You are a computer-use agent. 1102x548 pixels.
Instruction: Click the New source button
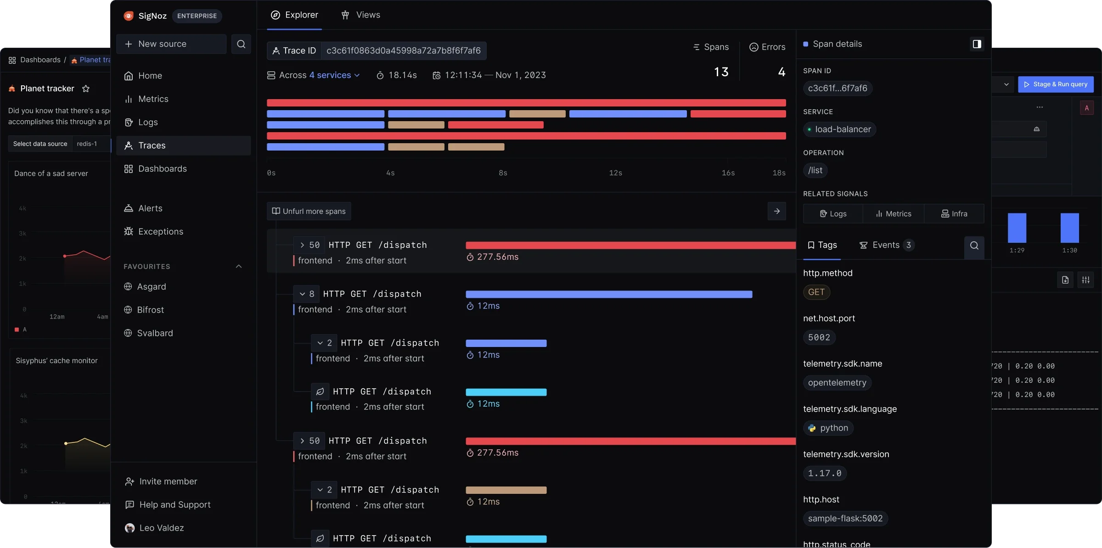coord(171,44)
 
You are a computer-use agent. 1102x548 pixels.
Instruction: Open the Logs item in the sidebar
coord(148,122)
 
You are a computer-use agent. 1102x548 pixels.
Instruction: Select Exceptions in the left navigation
coord(160,232)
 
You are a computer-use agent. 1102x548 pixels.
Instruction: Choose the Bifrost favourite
coord(150,310)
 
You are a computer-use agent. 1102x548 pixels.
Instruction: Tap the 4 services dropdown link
coord(334,75)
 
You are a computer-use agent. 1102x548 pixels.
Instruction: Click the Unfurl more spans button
coord(309,211)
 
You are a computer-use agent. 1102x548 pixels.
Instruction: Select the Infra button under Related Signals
coord(954,214)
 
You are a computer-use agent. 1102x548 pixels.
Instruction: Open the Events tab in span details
coord(886,245)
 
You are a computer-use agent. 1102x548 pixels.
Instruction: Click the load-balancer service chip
coord(839,129)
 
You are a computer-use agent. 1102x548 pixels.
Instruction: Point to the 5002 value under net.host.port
coord(819,337)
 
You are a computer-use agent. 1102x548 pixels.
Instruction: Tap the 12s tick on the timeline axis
coord(615,173)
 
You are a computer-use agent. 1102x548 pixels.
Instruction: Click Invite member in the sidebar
coord(168,481)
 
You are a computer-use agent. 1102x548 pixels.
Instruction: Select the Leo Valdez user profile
coord(161,528)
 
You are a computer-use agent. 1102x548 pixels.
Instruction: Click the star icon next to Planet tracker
coord(86,89)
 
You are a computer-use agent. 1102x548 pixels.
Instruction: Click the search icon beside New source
coord(241,44)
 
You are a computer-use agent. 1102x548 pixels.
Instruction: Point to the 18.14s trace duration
coord(402,75)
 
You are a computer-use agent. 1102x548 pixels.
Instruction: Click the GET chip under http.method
coord(816,292)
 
